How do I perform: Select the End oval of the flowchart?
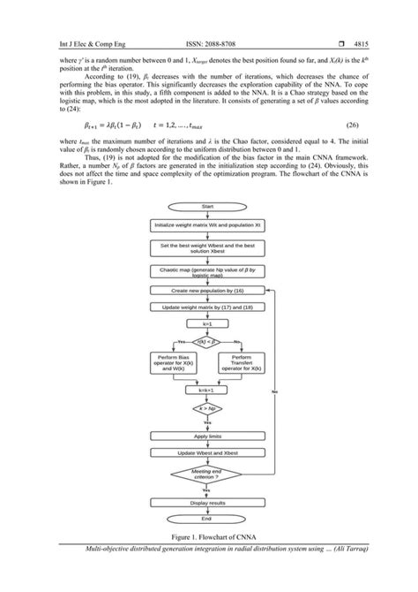tap(208, 519)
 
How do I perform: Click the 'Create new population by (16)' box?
tap(208, 290)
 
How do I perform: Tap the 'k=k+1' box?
tap(208, 390)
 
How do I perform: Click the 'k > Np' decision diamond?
tap(208, 411)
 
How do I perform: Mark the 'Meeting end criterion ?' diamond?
tap(208, 474)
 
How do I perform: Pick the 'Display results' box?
tap(208, 503)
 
